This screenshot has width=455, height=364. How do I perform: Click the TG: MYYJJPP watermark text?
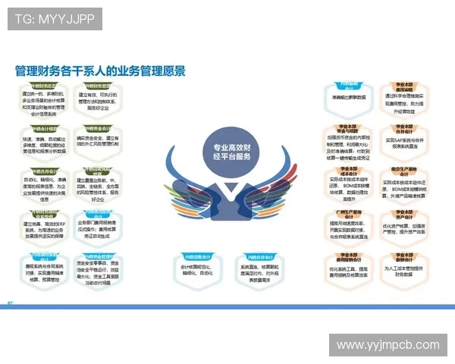pyautogui.click(x=56, y=18)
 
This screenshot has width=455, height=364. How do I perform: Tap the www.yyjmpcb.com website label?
pyautogui.click(x=388, y=345)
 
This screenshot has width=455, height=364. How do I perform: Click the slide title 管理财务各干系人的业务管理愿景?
pyautogui.click(x=100, y=71)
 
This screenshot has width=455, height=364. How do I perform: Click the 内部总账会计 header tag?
pyautogui.click(x=193, y=256)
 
